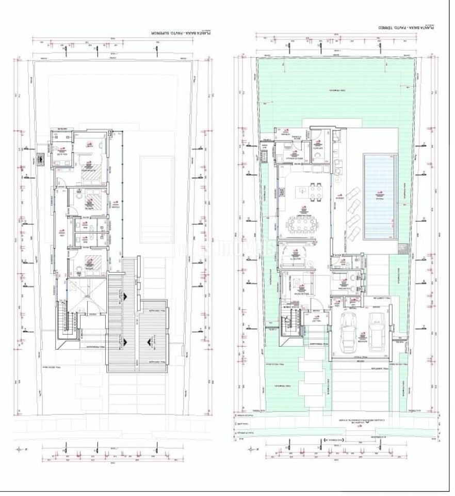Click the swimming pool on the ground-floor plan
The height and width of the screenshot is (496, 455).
click(x=381, y=196)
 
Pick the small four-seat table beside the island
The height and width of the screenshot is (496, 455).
click(x=316, y=192)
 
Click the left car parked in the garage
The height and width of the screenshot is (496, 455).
click(x=349, y=330)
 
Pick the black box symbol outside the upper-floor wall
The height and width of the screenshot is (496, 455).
click(x=41, y=160)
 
